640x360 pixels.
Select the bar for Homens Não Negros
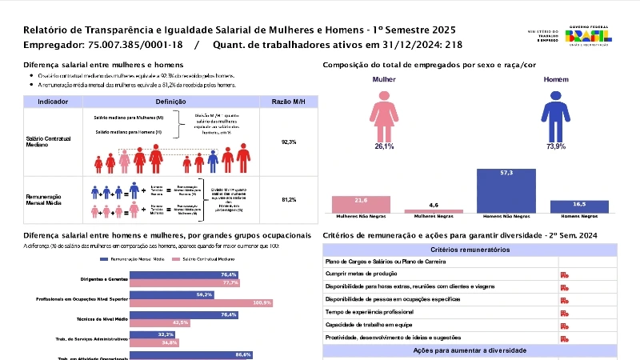506,190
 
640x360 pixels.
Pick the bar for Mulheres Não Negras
360,204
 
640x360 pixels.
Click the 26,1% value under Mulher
384,147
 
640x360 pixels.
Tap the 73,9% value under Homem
555,147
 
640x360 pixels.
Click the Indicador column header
53,102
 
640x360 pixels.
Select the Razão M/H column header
289,102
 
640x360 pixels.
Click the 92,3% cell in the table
289,142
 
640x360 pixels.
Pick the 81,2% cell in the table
289,199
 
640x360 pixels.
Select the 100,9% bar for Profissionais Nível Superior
201,303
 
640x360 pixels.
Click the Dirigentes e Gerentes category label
103,278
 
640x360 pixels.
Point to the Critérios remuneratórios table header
470,250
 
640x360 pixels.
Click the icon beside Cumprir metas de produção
564,274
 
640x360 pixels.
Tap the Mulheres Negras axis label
434,216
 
